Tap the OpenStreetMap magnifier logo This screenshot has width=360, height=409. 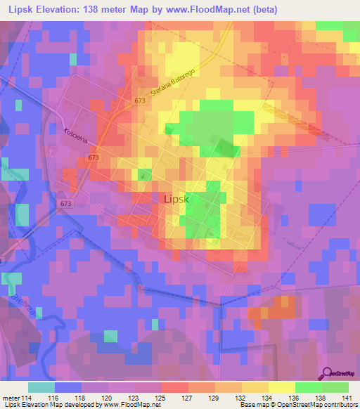[327, 373]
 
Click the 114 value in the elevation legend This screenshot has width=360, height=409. [28, 398]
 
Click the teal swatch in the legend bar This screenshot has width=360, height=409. [41, 387]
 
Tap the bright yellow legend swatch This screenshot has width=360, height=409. [282, 387]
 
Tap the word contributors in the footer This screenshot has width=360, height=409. [340, 405]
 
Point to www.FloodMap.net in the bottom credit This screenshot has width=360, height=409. [119, 405]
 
